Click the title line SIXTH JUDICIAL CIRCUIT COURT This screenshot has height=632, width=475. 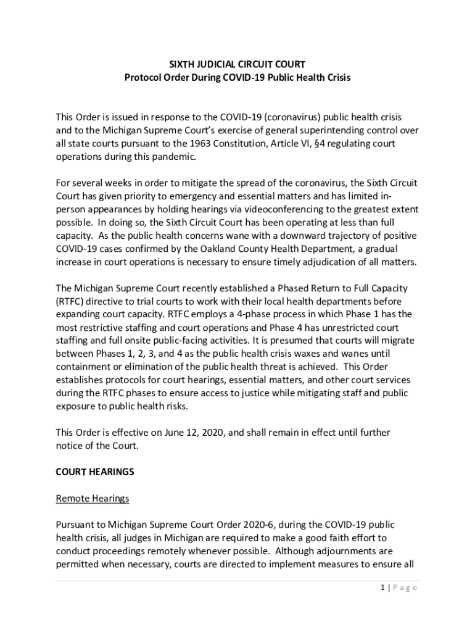pyautogui.click(x=238, y=64)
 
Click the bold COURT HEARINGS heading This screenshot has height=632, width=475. pyautogui.click(x=95, y=472)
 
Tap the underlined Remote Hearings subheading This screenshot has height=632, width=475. pyautogui.click(x=93, y=498)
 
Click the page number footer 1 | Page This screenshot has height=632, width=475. pyautogui.click(x=399, y=588)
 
